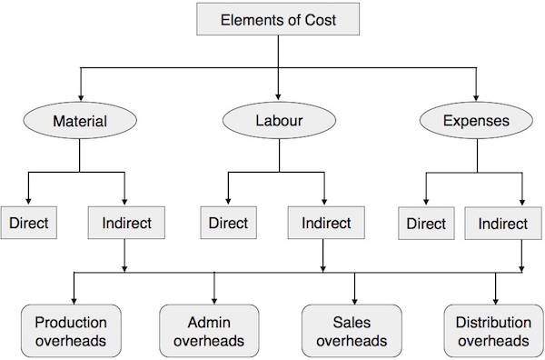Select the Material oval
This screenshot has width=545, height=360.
(x=80, y=120)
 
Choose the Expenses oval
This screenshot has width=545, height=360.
(x=475, y=120)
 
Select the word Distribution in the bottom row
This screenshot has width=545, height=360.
(x=494, y=322)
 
